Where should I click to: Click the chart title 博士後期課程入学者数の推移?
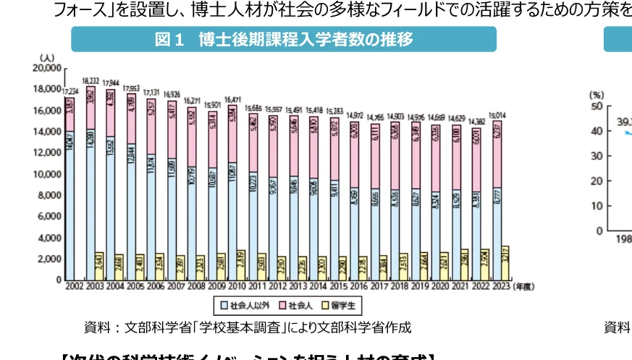point(283,40)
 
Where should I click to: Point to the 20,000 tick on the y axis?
point(48,67)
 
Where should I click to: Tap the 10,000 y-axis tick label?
point(48,174)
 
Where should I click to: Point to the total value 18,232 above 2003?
point(91,81)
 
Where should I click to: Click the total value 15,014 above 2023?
point(500,114)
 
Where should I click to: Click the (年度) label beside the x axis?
point(523,287)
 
